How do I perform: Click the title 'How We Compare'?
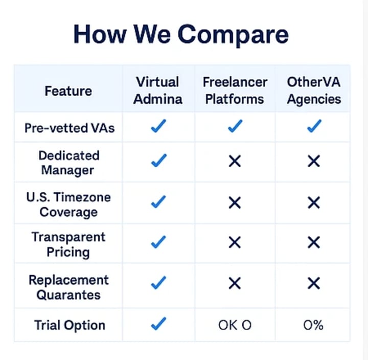(181, 35)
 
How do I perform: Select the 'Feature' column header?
(68, 91)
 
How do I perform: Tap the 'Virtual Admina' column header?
(158, 91)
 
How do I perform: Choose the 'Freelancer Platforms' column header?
(235, 91)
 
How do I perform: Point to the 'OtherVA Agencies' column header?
(314, 91)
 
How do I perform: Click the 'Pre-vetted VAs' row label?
(70, 128)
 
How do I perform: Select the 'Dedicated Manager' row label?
(68, 163)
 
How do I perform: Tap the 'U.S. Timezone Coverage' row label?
(68, 205)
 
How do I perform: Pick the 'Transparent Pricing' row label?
(68, 244)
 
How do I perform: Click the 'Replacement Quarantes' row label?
(68, 287)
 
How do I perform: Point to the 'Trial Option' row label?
(70, 325)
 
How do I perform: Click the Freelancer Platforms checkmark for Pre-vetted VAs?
(235, 126)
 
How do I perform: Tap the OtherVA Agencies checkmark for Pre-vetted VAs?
(314, 126)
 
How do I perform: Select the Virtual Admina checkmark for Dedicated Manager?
(159, 161)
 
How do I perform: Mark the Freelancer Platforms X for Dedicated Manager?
(235, 161)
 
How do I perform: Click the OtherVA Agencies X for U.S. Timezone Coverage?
(314, 202)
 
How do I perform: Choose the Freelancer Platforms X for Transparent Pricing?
(235, 242)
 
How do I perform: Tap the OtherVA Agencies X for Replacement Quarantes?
(314, 283)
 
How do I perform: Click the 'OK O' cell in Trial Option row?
(235, 325)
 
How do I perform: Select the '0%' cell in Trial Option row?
(313, 325)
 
